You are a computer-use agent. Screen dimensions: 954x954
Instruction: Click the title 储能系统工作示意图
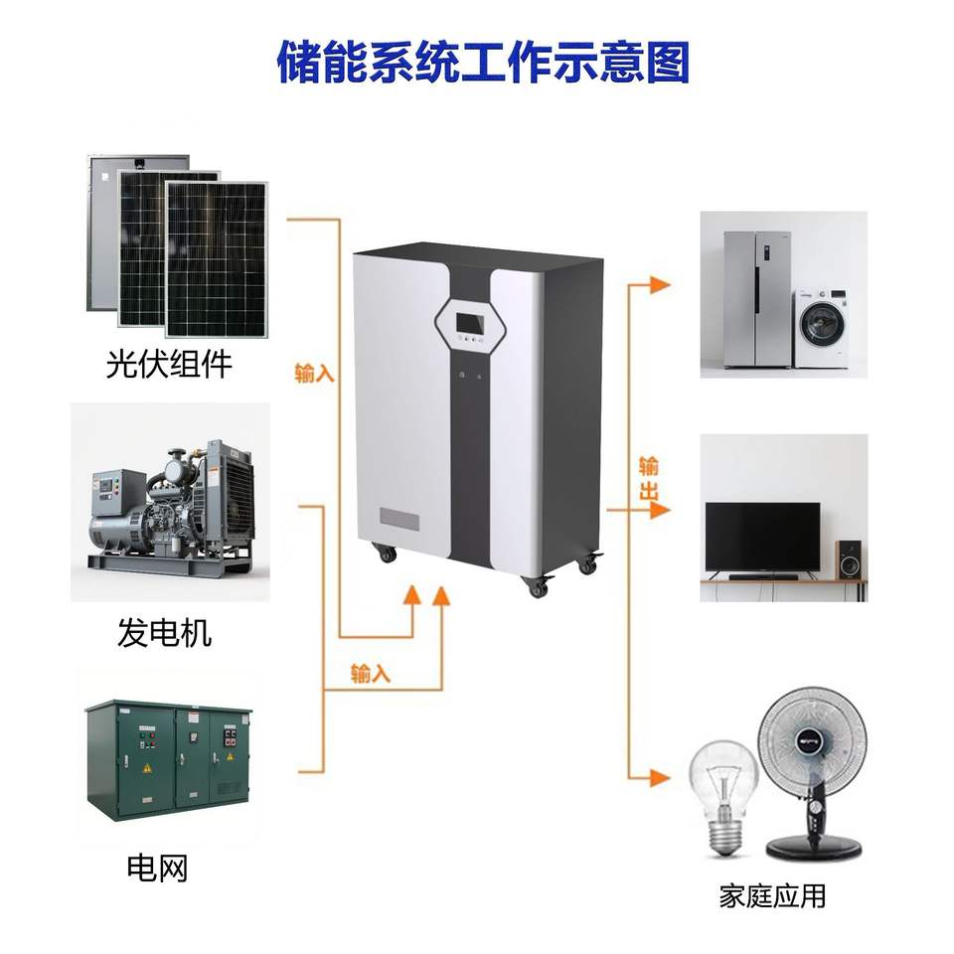483,62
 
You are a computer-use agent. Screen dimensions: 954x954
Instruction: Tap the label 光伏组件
169,364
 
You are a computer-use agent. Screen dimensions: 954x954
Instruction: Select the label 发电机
164,632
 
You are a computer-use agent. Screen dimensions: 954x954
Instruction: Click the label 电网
157,868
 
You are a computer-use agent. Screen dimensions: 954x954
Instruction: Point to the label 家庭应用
772,896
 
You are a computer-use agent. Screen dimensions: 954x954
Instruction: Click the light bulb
723,796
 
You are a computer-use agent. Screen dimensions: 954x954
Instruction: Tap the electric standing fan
813,773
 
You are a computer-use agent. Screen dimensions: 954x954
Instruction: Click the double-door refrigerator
757,299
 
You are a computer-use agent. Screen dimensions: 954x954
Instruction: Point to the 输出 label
649,478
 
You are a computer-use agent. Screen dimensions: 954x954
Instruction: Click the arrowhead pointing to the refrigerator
660,284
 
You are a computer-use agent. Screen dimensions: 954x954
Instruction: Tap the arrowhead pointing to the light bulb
660,777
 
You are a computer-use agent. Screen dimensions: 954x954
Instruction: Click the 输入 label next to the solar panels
315,373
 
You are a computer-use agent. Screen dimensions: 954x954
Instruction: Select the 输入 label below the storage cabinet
370,674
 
